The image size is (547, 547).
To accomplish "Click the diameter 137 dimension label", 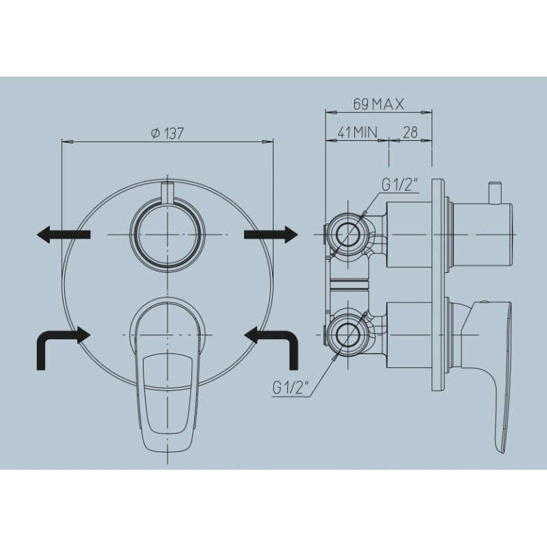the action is pyautogui.click(x=167, y=133).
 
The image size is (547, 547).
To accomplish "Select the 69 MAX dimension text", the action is pyautogui.click(x=379, y=104).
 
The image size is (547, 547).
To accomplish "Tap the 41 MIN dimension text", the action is pyautogui.click(x=358, y=132).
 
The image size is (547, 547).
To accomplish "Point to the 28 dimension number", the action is pyautogui.click(x=410, y=132).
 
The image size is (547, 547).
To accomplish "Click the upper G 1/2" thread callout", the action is pyautogui.click(x=400, y=186).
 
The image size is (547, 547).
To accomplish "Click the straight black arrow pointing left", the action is pyautogui.click(x=64, y=235).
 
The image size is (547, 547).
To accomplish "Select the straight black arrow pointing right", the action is pyautogui.click(x=271, y=235).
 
